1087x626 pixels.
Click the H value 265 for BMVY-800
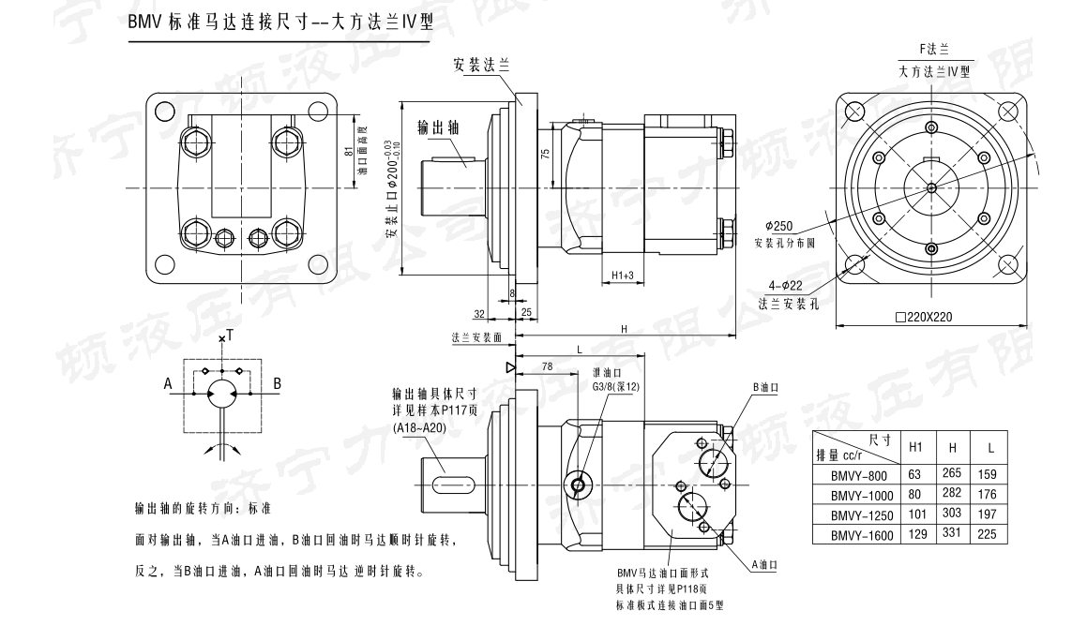pos(953,475)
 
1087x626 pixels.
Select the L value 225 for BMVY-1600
pos(987,535)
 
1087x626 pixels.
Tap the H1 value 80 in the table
pos(915,495)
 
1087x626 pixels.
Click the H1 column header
pos(916,447)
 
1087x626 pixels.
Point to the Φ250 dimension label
pos(778,227)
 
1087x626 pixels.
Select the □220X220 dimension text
pos(923,317)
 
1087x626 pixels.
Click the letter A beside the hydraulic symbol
pos(167,382)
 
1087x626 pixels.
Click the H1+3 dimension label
pos(623,276)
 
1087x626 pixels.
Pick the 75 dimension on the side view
pos(545,156)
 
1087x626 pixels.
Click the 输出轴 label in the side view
pos(438,127)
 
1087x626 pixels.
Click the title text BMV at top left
pos(145,25)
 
